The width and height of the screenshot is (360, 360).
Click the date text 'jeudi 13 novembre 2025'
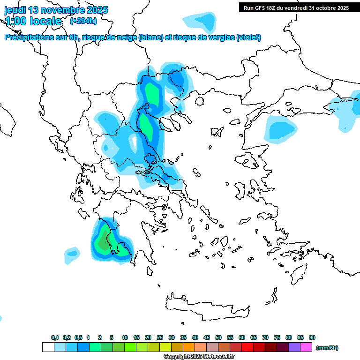click(56, 10)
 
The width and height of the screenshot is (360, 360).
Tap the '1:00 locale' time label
click(33, 21)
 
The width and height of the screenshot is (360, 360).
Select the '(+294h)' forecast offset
click(83, 21)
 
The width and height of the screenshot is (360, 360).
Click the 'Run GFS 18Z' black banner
click(296, 8)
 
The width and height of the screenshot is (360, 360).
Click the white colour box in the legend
click(48, 347)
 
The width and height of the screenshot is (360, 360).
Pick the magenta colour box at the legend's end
click(306, 347)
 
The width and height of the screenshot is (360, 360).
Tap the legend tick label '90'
click(312, 337)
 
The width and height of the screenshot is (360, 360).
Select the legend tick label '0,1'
click(54, 337)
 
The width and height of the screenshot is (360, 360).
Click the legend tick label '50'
click(218, 337)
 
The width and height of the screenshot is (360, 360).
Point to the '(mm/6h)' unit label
click(327, 348)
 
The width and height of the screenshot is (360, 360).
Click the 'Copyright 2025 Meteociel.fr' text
click(199, 357)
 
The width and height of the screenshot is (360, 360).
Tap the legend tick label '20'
click(148, 337)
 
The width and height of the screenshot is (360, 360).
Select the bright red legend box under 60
click(247, 347)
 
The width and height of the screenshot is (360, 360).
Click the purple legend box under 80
click(294, 347)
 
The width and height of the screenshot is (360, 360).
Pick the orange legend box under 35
click(189, 347)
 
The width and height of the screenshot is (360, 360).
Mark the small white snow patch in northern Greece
click(135, 143)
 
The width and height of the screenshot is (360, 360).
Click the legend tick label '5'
click(112, 337)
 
